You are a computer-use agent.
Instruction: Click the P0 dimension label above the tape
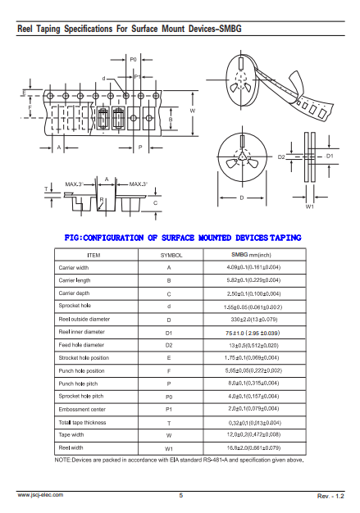tap(133, 60)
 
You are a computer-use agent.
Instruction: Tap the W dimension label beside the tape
tap(193, 111)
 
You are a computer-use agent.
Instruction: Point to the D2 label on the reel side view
tap(281, 157)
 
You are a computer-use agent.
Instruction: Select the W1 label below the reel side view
tap(310, 207)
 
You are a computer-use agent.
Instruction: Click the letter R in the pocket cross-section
tap(102, 200)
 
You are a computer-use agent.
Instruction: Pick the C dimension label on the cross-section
tap(156, 203)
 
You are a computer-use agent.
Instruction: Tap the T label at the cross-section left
tap(46, 188)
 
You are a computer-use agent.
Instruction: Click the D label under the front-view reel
tap(242, 197)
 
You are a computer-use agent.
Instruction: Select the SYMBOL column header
tap(171, 255)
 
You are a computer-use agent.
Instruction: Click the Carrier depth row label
tap(74, 293)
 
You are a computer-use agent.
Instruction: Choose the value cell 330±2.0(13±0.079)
tap(254, 320)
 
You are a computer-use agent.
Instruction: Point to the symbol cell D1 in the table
tap(169, 333)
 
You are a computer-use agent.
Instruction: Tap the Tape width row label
tap(71, 434)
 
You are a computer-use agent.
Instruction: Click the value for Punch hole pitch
tap(253, 384)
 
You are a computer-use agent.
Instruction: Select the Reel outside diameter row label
tap(84, 319)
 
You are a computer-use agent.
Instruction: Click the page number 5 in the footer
tap(181, 495)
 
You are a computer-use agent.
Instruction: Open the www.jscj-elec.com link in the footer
tap(40, 495)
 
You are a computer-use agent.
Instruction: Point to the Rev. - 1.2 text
tap(330, 496)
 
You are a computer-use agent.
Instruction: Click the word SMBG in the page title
tap(230, 29)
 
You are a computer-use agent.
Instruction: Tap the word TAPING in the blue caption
tap(285, 238)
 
